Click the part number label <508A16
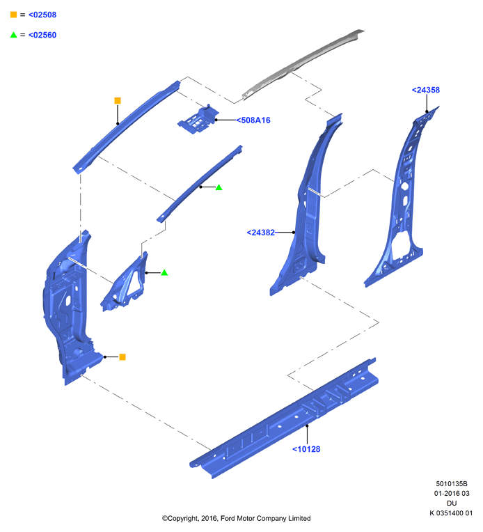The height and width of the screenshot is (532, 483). tap(253, 120)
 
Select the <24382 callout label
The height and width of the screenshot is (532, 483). tap(260, 233)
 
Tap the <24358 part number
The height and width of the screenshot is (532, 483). tap(426, 90)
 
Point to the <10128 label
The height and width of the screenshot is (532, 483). tap(306, 449)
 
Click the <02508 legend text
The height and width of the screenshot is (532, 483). tap(42, 15)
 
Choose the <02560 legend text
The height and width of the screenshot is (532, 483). tap(42, 35)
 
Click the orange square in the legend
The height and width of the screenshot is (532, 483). tap(13, 15)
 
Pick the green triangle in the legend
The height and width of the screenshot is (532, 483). tap(13, 35)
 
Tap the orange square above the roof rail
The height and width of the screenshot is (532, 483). tap(118, 100)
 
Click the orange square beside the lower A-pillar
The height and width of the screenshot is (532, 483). tap(122, 357)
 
